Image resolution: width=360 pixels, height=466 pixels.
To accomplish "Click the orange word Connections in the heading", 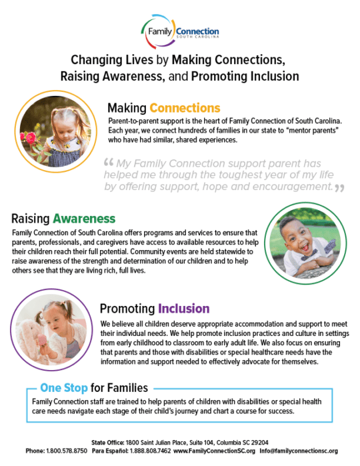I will (185, 107).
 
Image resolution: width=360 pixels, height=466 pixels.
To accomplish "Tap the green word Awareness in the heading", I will (84, 219).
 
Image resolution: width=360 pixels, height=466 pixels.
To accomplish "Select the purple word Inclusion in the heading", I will (183, 309).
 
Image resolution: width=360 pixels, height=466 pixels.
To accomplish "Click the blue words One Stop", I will (64, 387).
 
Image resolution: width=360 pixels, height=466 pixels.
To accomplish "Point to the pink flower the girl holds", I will (29, 139).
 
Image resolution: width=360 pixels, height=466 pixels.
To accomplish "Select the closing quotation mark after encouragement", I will (340, 188).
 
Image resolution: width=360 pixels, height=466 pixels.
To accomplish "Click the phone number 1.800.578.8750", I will (64, 451).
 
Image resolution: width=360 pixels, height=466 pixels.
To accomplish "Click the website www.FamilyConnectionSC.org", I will (209, 451).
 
